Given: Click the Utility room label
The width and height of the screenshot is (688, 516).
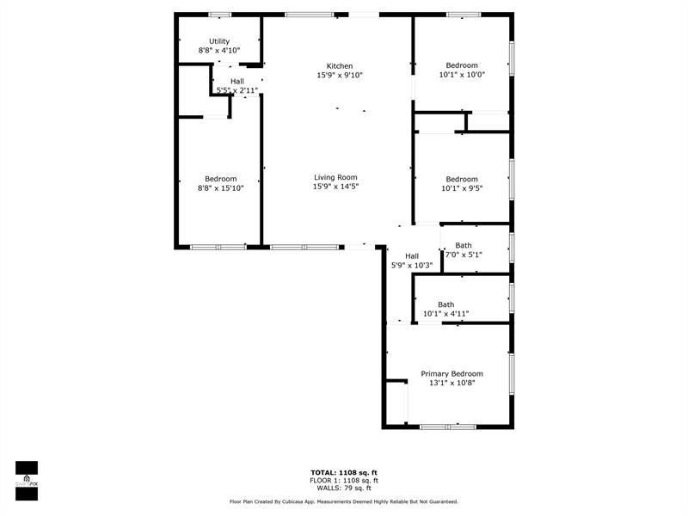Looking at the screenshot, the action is click(219, 41).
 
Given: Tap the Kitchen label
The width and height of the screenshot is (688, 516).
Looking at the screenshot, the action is click(340, 66).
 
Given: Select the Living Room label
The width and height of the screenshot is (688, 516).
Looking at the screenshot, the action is click(335, 177).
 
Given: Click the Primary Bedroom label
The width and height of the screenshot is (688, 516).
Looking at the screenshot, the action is click(452, 374).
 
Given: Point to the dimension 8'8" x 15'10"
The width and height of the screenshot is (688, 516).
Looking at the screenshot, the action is click(221, 188).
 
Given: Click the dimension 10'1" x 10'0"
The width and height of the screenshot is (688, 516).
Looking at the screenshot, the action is click(462, 75).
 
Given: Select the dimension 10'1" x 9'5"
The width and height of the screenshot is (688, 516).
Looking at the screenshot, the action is click(462, 188).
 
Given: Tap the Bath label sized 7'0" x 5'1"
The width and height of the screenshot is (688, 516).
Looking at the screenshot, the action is click(464, 245).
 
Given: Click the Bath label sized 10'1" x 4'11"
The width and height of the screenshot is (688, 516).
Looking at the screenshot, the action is click(445, 304).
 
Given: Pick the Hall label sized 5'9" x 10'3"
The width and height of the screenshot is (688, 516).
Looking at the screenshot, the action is click(412, 255).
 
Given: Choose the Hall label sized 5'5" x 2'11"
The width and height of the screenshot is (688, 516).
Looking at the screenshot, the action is click(237, 81).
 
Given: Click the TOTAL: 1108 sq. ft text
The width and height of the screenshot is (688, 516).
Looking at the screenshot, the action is click(344, 472).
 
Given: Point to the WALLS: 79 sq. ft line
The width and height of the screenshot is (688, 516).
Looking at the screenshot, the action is click(344, 488).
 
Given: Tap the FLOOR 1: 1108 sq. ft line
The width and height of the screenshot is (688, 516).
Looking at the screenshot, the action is click(344, 481).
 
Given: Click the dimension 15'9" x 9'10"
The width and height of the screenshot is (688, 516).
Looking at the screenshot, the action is click(340, 75).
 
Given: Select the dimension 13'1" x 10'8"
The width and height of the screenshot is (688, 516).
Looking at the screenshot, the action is click(452, 383).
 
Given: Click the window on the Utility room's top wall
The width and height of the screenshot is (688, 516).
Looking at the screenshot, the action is click(220, 15).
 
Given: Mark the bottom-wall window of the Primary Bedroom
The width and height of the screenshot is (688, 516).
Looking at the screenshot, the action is click(448, 427).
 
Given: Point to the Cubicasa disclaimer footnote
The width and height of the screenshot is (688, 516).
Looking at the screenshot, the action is click(344, 501).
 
